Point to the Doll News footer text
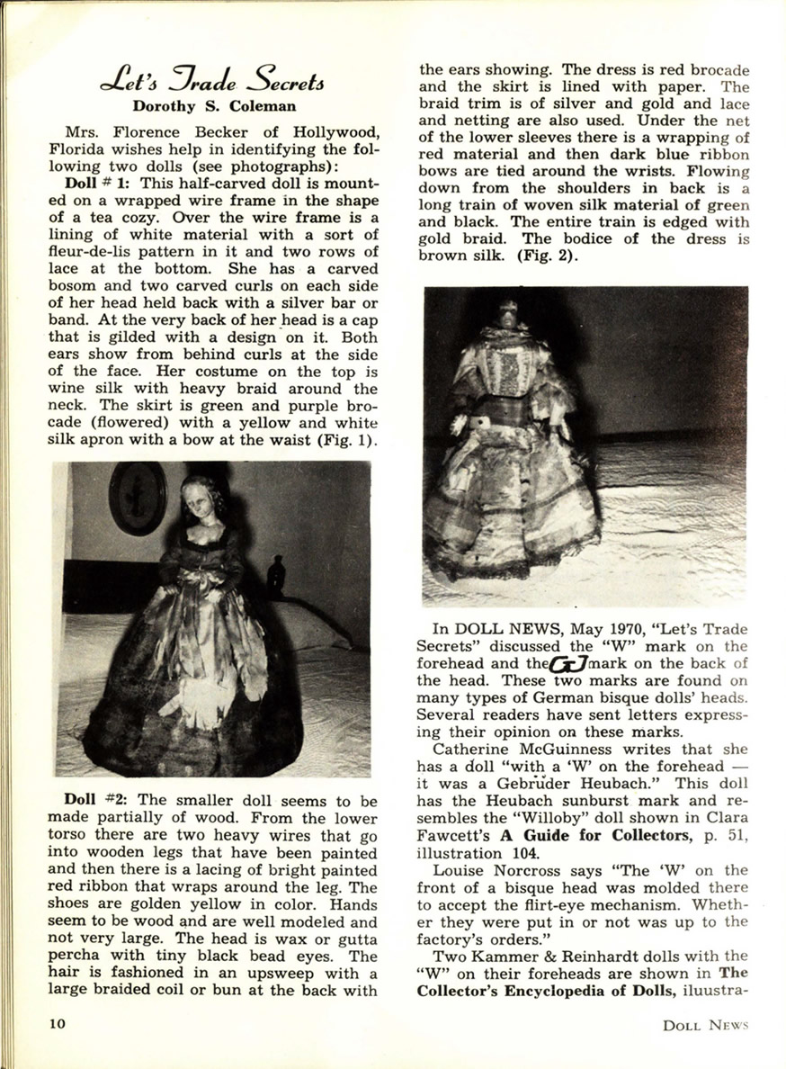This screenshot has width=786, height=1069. click(x=705, y=1024)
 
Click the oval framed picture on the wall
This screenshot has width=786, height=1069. click(x=138, y=499)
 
